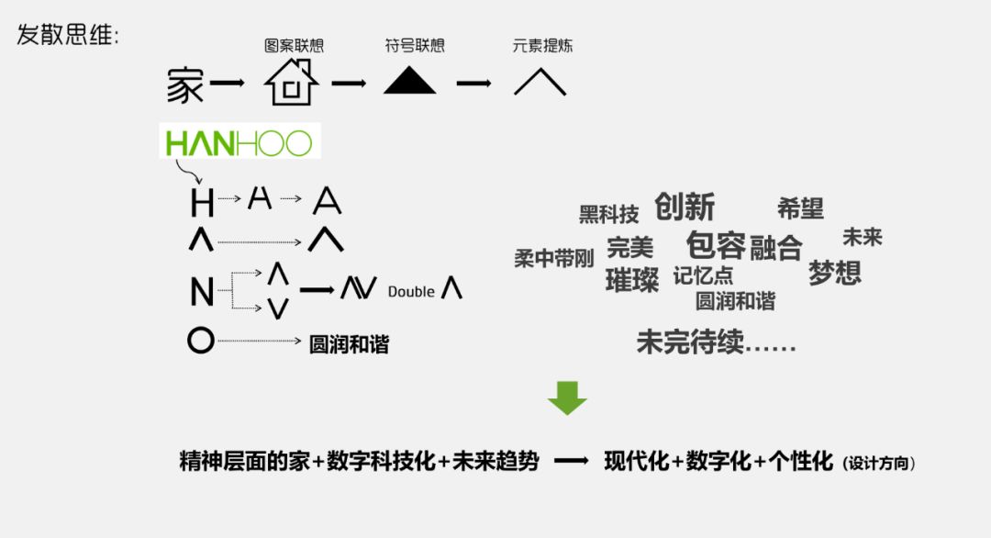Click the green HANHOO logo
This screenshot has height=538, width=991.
point(239,142)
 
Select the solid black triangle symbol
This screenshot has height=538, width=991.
point(409,83)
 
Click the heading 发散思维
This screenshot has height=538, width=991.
point(68,36)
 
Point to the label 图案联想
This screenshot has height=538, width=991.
point(294,46)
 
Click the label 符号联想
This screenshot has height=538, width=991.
point(415,46)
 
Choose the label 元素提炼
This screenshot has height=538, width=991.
point(543,46)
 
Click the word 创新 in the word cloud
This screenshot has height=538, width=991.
point(685,207)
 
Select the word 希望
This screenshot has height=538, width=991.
point(800,208)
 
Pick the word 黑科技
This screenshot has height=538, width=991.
point(608,215)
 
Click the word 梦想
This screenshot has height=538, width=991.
point(835,273)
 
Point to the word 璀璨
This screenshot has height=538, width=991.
point(632,280)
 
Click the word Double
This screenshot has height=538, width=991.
point(411,292)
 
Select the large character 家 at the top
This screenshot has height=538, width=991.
point(185,85)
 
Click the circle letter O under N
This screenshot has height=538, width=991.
point(200,342)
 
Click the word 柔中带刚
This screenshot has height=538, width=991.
point(554,259)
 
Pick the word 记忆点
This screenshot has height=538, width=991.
point(703,275)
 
